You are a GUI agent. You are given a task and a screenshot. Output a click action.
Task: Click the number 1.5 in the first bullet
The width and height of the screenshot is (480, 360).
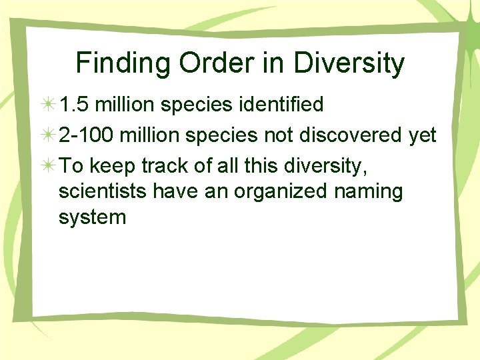pos(72,105)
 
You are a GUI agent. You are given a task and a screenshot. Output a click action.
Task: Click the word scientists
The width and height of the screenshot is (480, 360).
pos(103,192)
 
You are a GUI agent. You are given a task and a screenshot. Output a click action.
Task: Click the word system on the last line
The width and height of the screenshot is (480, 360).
pos(92,218)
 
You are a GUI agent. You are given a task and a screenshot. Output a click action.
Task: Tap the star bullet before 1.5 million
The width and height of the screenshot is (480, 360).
pos(48,105)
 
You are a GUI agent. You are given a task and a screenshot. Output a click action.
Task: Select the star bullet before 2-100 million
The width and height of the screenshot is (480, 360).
pos(48,136)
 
